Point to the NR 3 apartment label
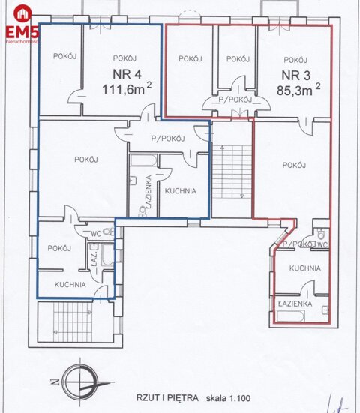(x=295, y=75)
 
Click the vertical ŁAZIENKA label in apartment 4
(x=150, y=191)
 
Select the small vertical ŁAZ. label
(x=95, y=259)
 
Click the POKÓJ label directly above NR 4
(x=124, y=58)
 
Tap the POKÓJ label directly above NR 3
(x=295, y=60)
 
